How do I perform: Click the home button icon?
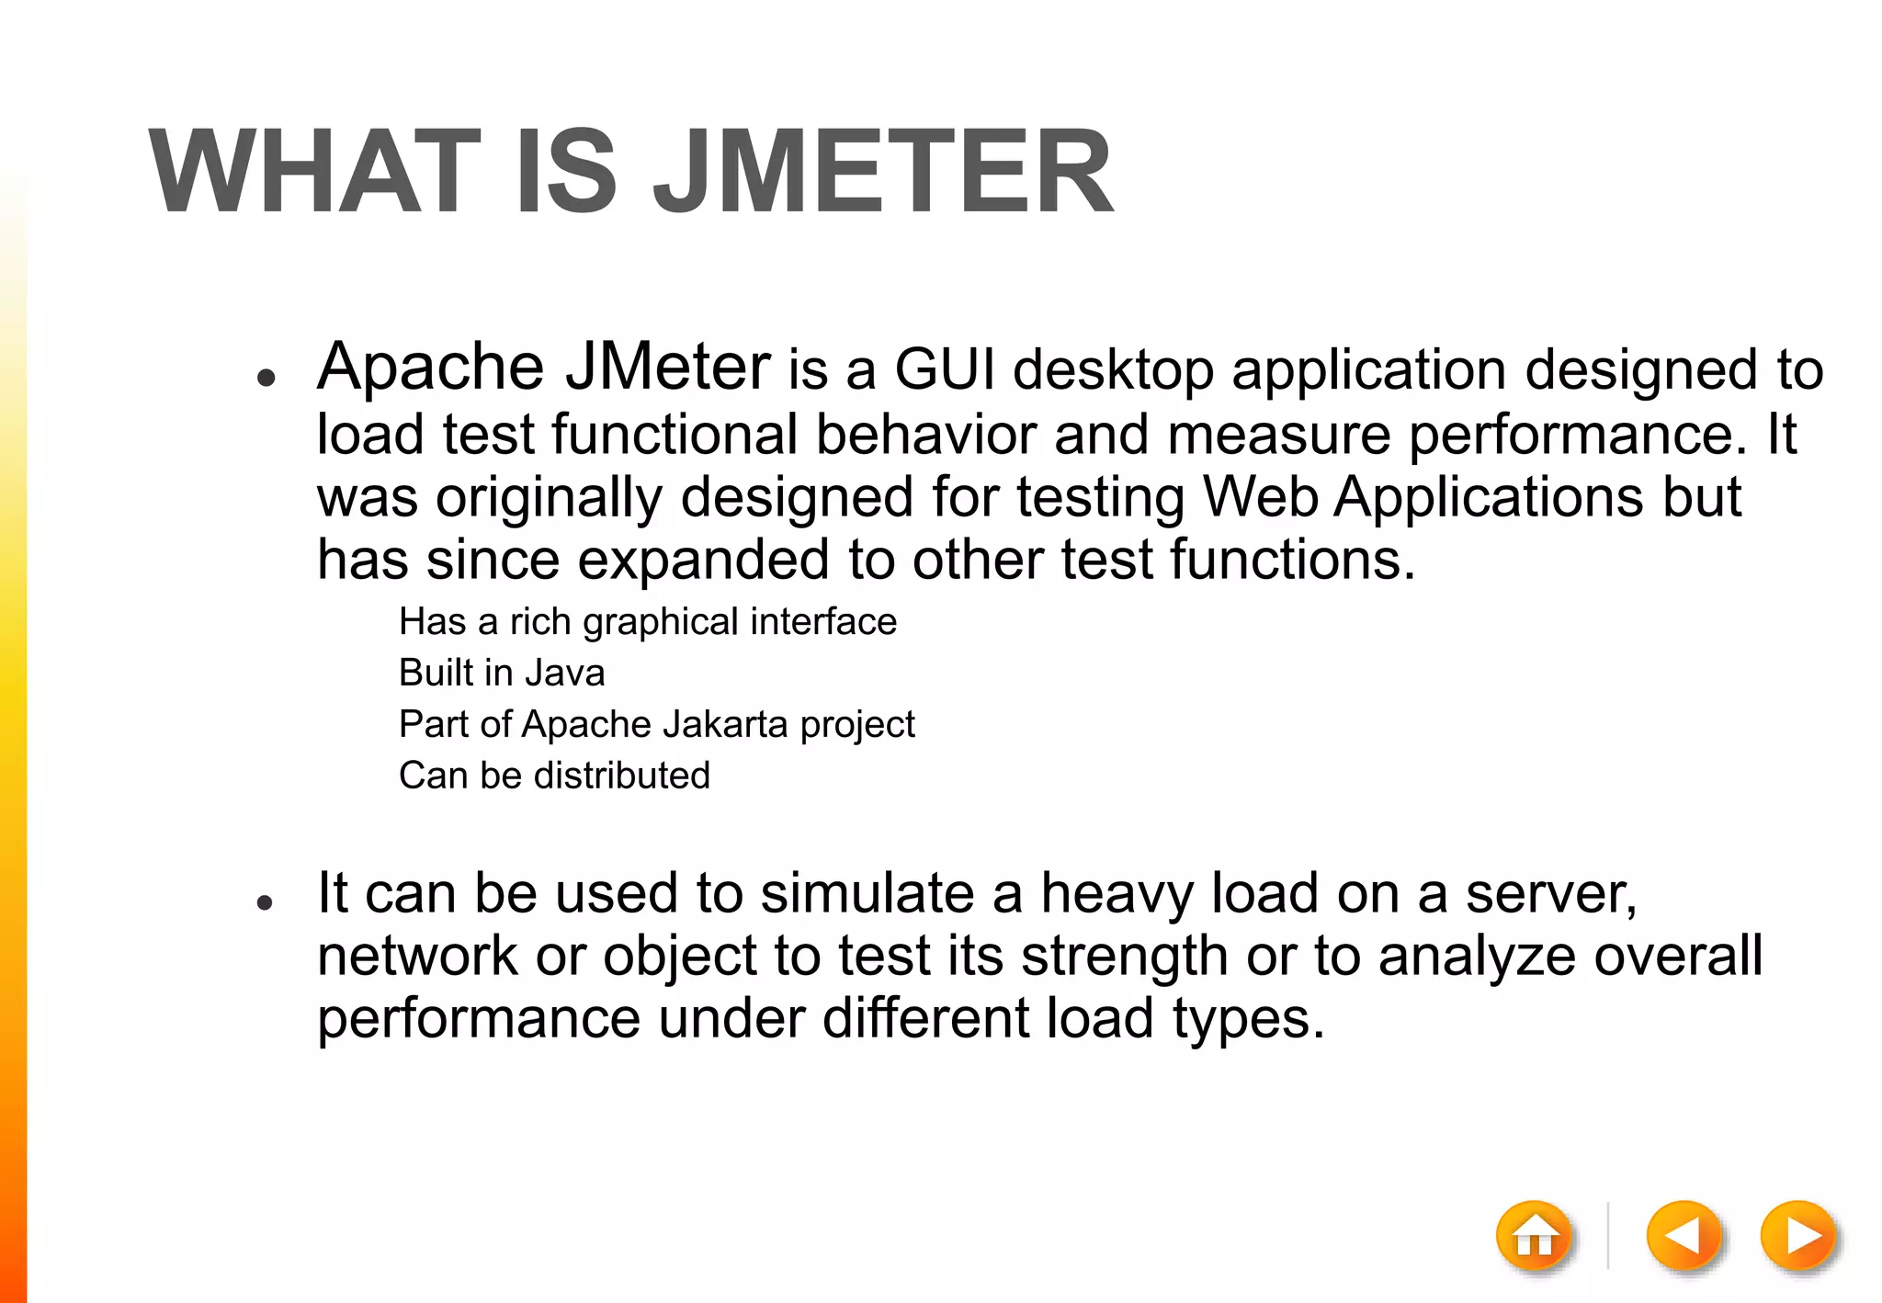(1535, 1237)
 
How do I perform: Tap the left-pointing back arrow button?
(1684, 1237)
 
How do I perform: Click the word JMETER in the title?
(883, 173)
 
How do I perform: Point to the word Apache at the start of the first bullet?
(430, 368)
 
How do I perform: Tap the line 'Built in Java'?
(502, 673)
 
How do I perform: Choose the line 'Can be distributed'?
(554, 776)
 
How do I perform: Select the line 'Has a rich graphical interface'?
(648, 622)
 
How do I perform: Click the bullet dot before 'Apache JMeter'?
(266, 378)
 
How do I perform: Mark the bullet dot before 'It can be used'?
(266, 903)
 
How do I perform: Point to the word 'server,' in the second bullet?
(1550, 893)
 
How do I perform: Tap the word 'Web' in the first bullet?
(1260, 497)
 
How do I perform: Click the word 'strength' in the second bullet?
(1124, 956)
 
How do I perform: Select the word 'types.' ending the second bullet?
(1249, 1019)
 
